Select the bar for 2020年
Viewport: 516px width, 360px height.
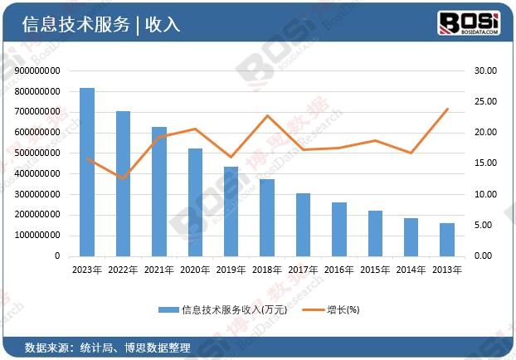click(x=195, y=202)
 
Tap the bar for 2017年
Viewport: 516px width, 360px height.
click(x=303, y=225)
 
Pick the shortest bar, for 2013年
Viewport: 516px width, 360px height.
click(x=446, y=240)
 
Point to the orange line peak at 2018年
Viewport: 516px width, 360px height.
click(x=267, y=115)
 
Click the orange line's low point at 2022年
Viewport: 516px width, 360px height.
click(x=123, y=178)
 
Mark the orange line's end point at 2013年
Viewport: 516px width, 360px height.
click(x=447, y=109)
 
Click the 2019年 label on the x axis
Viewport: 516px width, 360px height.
click(x=231, y=270)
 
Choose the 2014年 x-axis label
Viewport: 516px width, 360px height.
click(x=411, y=270)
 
